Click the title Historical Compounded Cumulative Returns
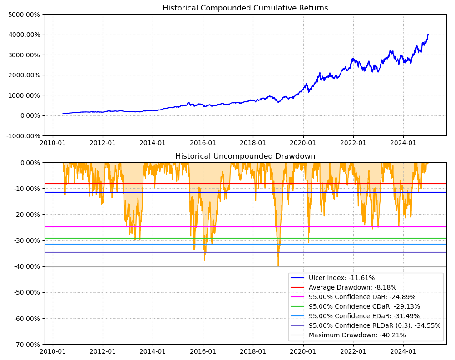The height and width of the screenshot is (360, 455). tap(245, 8)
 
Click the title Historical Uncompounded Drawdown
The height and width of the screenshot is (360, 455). tap(245, 156)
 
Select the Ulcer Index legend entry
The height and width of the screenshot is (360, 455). tap(341, 278)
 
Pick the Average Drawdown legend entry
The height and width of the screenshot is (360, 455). tap(352, 287)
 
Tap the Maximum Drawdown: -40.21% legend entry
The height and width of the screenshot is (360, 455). tap(357, 335)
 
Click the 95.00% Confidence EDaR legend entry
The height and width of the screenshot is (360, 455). tap(364, 316)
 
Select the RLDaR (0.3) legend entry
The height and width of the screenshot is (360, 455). tap(375, 325)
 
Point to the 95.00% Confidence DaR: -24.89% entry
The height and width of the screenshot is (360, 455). tap(362, 297)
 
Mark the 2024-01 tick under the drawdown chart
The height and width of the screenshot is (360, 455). tap(403, 351)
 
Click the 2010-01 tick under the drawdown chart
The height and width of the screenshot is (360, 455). tap(53, 351)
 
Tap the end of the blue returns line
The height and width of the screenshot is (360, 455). tap(428, 34)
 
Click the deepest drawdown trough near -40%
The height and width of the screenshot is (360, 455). tap(278, 266)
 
